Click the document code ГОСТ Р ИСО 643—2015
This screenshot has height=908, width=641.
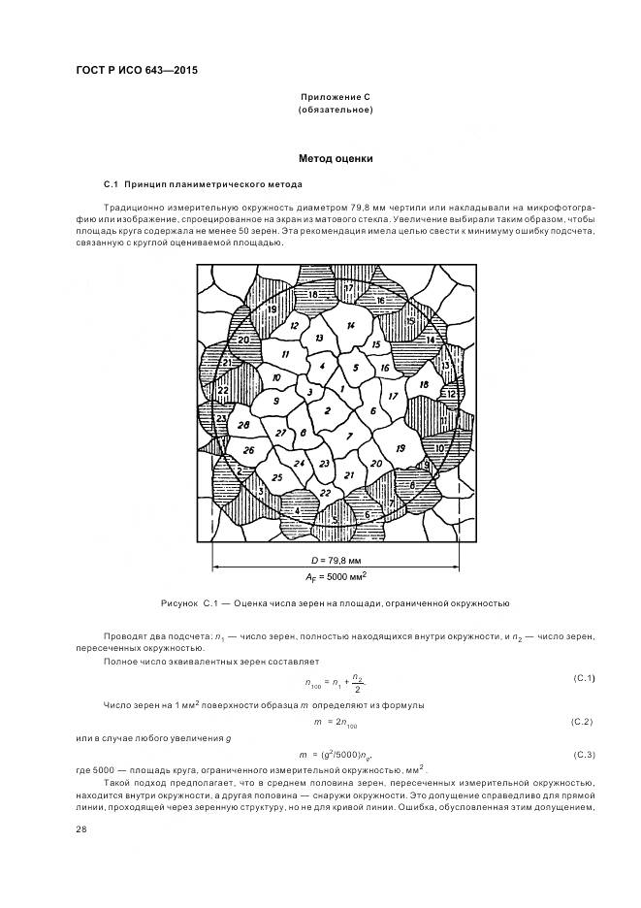[x=129, y=70]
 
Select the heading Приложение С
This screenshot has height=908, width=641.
[x=335, y=98]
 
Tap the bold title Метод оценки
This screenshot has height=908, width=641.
[x=335, y=158]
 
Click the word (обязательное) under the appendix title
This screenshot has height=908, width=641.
[x=335, y=111]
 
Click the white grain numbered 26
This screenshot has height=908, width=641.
[x=248, y=450]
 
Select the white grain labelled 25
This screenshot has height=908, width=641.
[x=276, y=477]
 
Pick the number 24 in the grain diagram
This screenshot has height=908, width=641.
[x=300, y=464]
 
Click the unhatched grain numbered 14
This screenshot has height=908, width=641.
[x=350, y=325]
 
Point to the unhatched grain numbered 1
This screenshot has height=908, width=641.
[x=342, y=389]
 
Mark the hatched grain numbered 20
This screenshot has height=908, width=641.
[x=243, y=340]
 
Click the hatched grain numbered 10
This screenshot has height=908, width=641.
[x=438, y=448]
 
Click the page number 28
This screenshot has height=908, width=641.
[x=80, y=828]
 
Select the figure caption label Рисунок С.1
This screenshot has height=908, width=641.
[x=200, y=603]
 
